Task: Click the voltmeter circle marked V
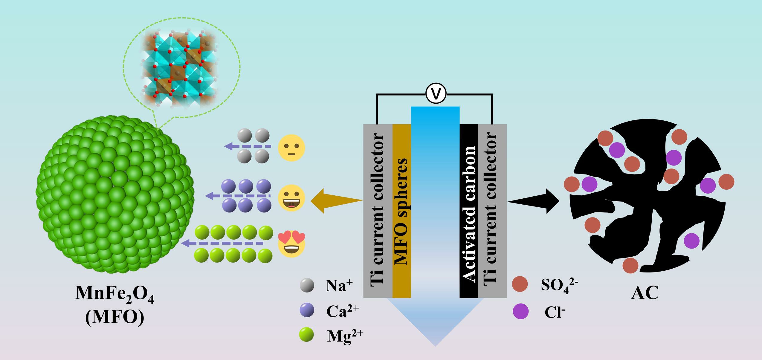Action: tap(436, 94)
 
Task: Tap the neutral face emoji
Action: tap(291, 148)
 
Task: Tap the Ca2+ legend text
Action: tap(342, 311)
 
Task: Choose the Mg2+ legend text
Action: tap(345, 336)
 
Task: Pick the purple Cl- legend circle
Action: tap(520, 311)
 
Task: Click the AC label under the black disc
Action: tap(645, 293)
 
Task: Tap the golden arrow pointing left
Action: tap(332, 201)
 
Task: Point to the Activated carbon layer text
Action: tap(468, 214)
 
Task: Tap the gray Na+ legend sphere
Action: tap(307, 285)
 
